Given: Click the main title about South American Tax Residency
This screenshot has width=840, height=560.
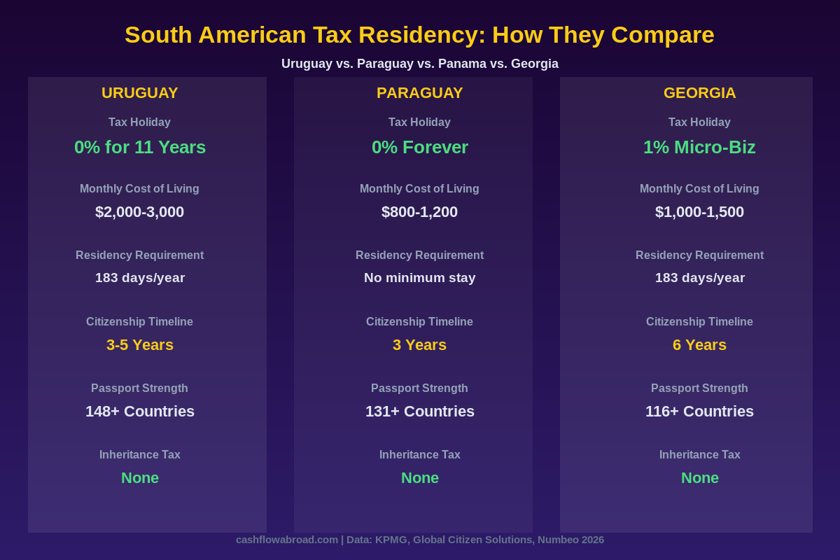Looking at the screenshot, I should coord(419,35).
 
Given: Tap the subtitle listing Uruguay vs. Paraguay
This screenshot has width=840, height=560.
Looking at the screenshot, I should coord(419,64).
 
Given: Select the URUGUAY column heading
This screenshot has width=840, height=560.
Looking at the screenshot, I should coord(140,93).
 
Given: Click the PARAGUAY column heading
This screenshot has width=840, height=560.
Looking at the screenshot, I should coord(419,93).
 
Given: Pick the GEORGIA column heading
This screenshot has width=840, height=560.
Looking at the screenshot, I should coord(699,93).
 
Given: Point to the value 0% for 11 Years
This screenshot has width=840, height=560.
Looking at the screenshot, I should coord(140,148).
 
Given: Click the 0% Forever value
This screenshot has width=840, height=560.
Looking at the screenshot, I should coord(419,148).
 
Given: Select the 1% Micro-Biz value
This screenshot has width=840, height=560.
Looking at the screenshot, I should coord(699,148).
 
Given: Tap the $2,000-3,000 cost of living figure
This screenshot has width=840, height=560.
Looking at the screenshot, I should coord(140,212).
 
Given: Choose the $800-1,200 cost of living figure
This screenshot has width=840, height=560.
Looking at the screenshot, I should coord(419,212).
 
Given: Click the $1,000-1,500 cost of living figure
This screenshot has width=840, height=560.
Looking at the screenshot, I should coord(699,212).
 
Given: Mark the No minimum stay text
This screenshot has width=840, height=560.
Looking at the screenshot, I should coord(419,278).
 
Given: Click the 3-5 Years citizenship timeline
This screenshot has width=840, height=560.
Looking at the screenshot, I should coord(140,345).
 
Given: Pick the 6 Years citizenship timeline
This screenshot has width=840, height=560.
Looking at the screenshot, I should coord(699,345).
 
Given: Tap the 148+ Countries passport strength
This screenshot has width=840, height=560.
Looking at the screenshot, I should coord(140,412).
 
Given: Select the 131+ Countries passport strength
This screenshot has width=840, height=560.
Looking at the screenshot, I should coord(419,412).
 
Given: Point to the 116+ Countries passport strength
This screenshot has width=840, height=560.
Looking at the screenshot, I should coord(699,412).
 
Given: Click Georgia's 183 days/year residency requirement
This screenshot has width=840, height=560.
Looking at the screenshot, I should coord(699,278).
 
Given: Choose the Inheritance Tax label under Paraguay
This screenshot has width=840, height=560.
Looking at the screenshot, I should coord(419,455).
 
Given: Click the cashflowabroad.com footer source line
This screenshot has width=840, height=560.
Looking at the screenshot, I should coord(419,540).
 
